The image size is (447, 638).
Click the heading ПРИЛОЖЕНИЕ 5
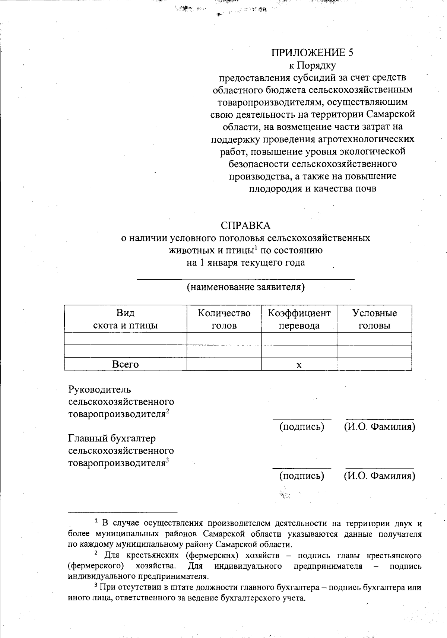pyautogui.click(x=312, y=53)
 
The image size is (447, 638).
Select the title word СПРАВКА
pyautogui.click(x=245, y=226)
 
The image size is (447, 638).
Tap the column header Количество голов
pyautogui.click(x=224, y=319)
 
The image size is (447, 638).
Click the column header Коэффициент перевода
pyautogui.click(x=299, y=319)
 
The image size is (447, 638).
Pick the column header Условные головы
pyautogui.click(x=374, y=319)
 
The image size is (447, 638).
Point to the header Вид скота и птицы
pyautogui.click(x=125, y=319)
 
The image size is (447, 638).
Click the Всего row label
pyautogui.click(x=125, y=364)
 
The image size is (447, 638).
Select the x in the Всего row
pyautogui.click(x=299, y=365)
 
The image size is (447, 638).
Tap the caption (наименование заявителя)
pyautogui.click(x=245, y=287)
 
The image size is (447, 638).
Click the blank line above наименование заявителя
pyautogui.click(x=245, y=278)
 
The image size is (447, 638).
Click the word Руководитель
pyautogui.click(x=99, y=390)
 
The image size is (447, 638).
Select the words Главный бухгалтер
pyautogui.click(x=112, y=439)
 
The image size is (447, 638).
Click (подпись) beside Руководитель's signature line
pyautogui.click(x=302, y=426)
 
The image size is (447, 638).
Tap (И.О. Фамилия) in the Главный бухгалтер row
pyautogui.click(x=379, y=476)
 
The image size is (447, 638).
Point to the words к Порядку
pyautogui.click(x=313, y=66)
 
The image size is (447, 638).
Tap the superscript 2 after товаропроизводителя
pyautogui.click(x=168, y=412)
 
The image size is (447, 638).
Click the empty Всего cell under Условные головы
pyautogui.click(x=374, y=364)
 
